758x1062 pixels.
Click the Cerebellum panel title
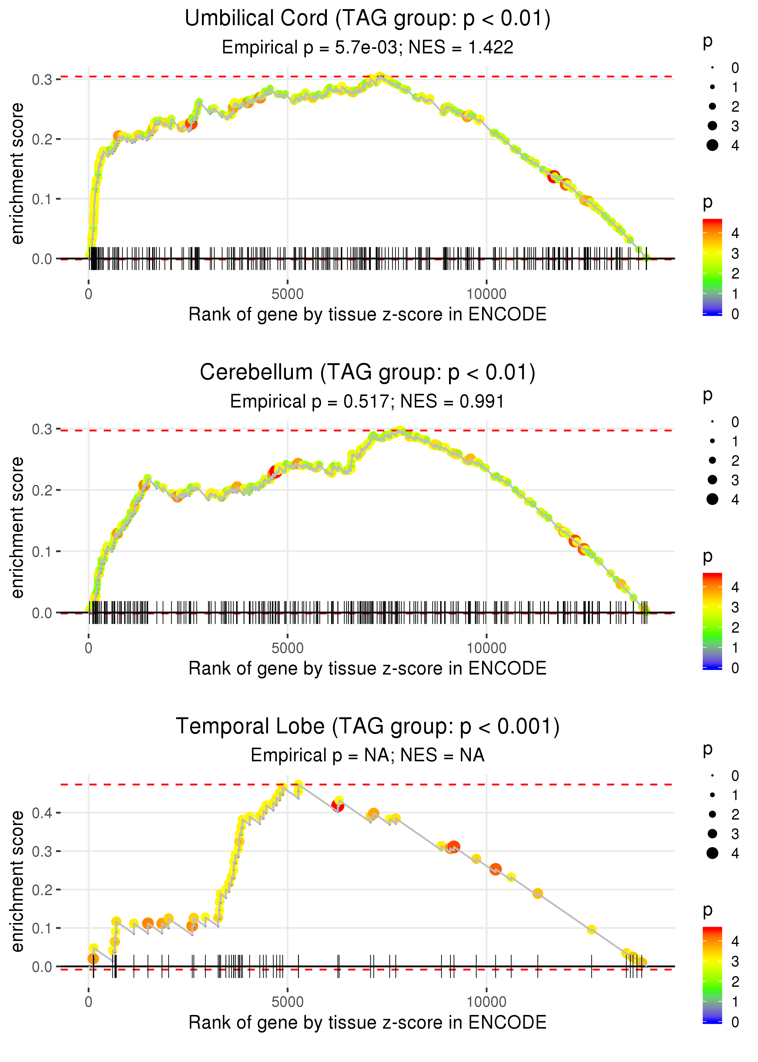click(x=367, y=373)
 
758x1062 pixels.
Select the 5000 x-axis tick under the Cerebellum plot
click(x=287, y=648)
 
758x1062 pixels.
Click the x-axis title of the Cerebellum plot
click(x=367, y=669)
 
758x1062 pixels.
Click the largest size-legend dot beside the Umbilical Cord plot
click(x=712, y=145)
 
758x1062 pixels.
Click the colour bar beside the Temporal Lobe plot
click(x=712, y=974)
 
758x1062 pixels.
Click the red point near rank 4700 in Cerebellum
click(x=275, y=472)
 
